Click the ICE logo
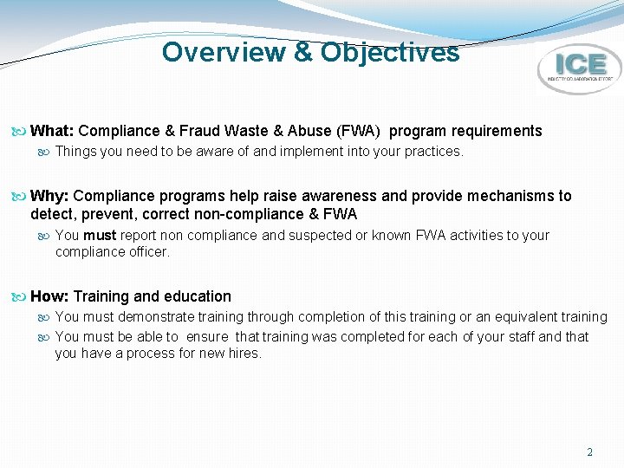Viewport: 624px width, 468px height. pos(579,68)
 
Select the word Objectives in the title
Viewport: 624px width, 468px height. pos(390,52)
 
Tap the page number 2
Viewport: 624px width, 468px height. pos(590,452)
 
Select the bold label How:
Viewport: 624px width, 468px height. pos(50,296)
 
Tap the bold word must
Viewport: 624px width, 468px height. pos(100,235)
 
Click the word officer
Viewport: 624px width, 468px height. pos(148,252)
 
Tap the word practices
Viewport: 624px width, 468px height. pos(433,152)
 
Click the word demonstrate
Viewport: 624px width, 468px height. pos(159,317)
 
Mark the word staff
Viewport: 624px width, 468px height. pos(517,336)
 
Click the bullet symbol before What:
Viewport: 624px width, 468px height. pos(21,132)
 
